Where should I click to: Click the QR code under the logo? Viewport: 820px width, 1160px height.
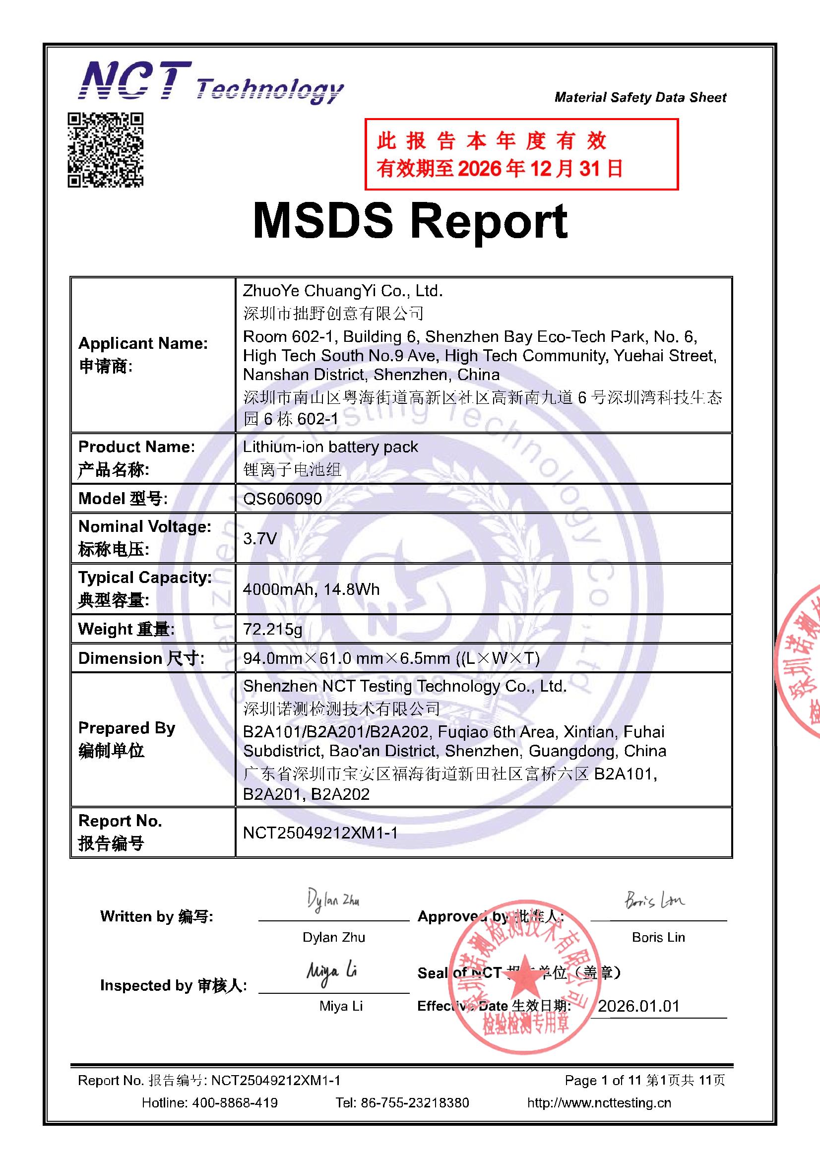pyautogui.click(x=106, y=150)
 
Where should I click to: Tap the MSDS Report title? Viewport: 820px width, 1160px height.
pyautogui.click(x=410, y=221)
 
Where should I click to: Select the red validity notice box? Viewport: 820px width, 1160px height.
pyautogui.click(x=521, y=154)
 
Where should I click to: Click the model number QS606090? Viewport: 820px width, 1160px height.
pyautogui.click(x=282, y=499)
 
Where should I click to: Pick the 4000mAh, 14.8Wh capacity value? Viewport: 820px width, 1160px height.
pyautogui.click(x=311, y=589)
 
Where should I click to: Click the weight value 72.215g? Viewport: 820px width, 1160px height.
pyautogui.click(x=272, y=629)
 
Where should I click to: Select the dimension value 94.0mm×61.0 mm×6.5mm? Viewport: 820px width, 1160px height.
pyautogui.click(x=391, y=658)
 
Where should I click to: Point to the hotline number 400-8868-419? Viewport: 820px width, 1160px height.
pyautogui.click(x=235, y=1102)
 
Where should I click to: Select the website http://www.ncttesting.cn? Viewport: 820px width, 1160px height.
pyautogui.click(x=599, y=1102)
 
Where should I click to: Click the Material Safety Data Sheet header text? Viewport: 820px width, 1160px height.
pyautogui.click(x=640, y=97)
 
